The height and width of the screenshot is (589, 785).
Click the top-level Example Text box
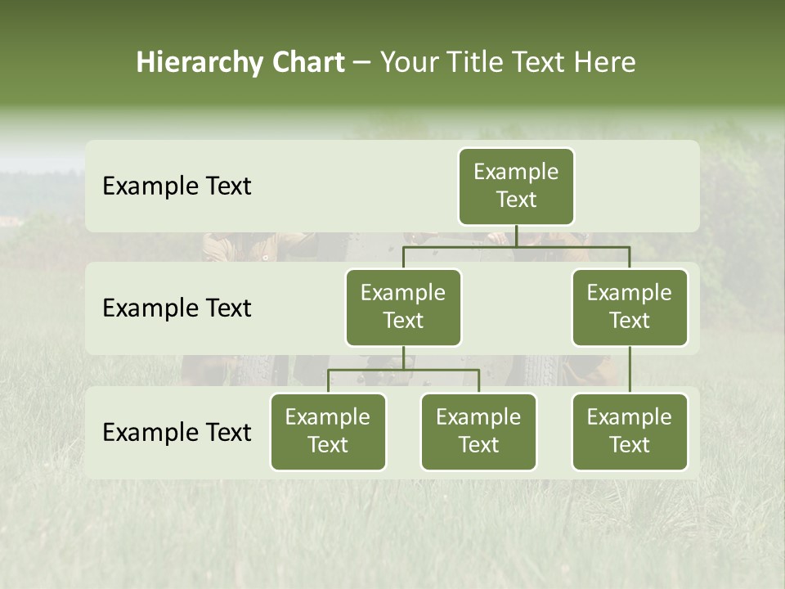point(516,187)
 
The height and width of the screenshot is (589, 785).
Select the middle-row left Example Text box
point(403,308)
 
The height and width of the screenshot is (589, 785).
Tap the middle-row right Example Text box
point(630,308)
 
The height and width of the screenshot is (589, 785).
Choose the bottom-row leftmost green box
point(328,432)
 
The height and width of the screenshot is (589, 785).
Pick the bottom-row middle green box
point(478,432)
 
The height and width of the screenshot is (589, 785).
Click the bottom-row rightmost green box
point(630,432)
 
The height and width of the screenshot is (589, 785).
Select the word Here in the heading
point(604,63)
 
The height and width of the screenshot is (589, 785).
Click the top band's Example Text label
point(177,187)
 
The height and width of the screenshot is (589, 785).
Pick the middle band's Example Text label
point(177,308)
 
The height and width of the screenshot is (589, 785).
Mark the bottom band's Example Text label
point(177,433)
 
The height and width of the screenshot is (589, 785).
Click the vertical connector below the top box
point(516,236)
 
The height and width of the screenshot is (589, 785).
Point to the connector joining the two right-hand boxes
point(630,370)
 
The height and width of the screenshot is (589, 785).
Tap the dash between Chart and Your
point(362,63)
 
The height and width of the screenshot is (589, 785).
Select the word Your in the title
point(408,63)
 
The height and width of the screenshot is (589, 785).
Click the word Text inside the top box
point(516,200)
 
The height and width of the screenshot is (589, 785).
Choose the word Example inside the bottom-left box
point(328,418)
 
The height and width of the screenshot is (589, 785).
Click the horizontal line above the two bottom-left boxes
point(403,370)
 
